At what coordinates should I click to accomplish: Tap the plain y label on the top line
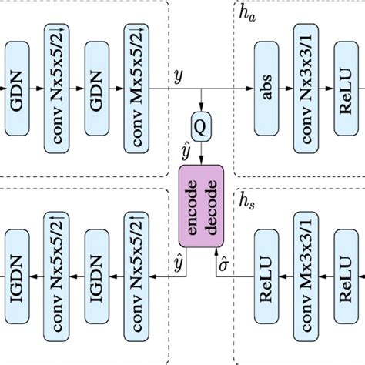(178, 76)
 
